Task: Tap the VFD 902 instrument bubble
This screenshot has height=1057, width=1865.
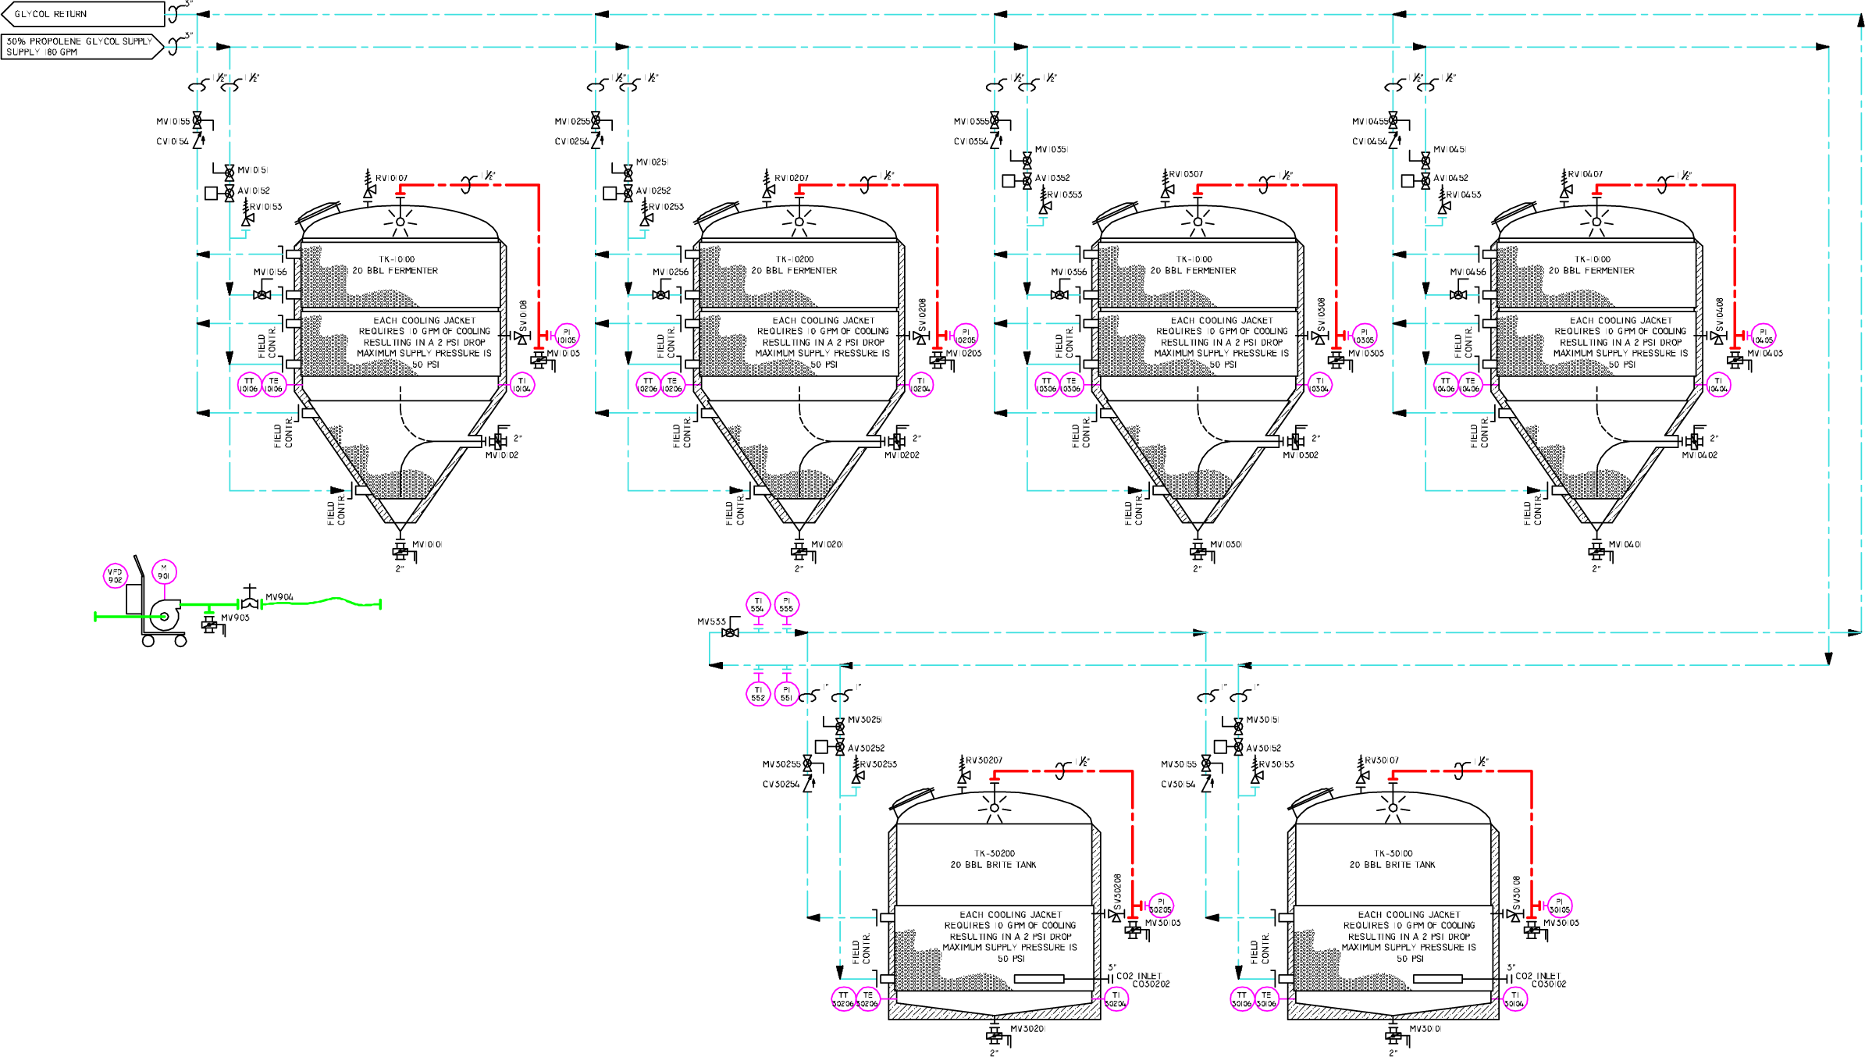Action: point(115,576)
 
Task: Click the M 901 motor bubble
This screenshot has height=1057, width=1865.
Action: point(164,572)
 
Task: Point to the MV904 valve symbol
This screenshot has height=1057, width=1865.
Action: point(250,603)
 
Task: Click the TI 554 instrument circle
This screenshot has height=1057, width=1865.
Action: point(757,605)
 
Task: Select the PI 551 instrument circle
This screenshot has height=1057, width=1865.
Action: point(786,694)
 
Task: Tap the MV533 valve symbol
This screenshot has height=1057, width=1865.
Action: point(730,632)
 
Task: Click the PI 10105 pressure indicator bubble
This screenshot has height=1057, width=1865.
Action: point(567,336)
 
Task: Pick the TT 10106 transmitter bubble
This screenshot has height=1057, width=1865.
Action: point(249,385)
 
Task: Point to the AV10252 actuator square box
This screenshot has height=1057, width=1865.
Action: point(610,192)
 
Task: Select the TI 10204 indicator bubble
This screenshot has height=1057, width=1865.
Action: point(921,385)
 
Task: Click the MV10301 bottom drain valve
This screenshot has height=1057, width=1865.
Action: point(1198,551)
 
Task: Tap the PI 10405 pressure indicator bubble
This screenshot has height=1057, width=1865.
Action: point(1763,336)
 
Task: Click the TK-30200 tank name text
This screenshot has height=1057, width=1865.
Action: point(994,853)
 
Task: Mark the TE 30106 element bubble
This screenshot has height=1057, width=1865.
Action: point(1266,999)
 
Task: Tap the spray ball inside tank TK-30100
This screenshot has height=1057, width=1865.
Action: point(1393,808)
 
